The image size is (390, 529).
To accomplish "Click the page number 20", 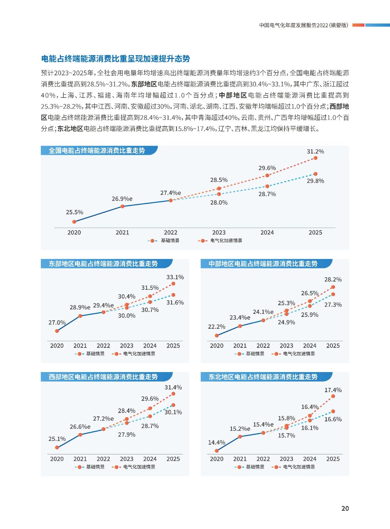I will coord(345,508).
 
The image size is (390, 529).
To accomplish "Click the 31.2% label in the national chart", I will coord(315,151).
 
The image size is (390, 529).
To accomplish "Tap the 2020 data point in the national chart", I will coord(74,222).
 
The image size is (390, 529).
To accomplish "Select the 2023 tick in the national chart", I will coord(219,233).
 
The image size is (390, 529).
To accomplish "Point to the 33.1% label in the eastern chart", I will coord(175,277).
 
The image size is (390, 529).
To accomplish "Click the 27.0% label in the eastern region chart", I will coord(57,322).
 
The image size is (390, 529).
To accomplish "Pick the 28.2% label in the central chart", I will coord(333,279).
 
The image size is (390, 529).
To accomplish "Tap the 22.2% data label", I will coord(217,327).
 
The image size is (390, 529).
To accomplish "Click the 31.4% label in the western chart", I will coord(173,387).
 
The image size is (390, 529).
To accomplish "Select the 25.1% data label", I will coord(57,439).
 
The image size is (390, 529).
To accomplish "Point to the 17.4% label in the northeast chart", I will coord(333,390).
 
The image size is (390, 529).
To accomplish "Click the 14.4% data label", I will coord(217,442).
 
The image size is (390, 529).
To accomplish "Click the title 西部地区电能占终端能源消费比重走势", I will coord(103,377).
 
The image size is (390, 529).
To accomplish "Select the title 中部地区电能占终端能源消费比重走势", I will coord(263,264).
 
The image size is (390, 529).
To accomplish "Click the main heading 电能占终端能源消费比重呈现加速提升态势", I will coord(115,59).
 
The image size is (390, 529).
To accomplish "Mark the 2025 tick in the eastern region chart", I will coord(173,346).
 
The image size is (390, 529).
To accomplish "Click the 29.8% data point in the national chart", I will coord(315,174).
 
